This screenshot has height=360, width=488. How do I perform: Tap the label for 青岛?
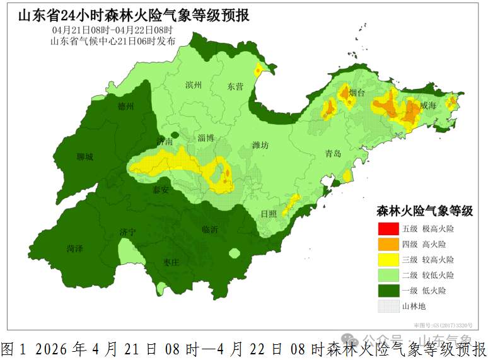[332, 154]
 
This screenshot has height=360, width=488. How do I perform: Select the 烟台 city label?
[357, 93]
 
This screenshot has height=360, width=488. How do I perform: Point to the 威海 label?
[427, 106]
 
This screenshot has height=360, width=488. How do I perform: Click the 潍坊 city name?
[260, 146]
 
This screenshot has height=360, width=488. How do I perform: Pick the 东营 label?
[235, 86]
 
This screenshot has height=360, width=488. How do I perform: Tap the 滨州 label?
[193, 85]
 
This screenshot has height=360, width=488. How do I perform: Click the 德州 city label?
[126, 107]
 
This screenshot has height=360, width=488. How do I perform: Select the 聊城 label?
[84, 157]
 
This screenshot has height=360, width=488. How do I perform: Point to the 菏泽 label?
[74, 248]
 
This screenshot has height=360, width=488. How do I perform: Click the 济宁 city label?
[127, 233]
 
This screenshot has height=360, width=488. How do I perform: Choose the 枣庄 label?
[171, 262]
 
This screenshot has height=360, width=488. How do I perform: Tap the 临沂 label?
[210, 230]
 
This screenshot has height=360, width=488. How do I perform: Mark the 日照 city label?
[269, 214]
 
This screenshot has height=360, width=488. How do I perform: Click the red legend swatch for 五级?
[388, 228]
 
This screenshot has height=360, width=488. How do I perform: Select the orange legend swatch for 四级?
[388, 244]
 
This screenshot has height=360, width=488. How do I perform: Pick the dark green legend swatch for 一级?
[388, 291]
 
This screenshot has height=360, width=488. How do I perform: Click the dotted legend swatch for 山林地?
[388, 306]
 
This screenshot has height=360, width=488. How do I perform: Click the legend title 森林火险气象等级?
[424, 211]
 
